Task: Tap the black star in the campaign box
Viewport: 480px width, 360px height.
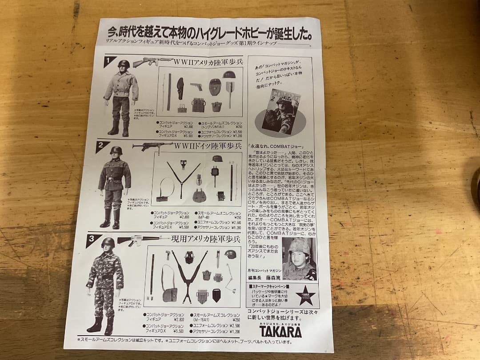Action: pyautogui.click(x=306, y=295)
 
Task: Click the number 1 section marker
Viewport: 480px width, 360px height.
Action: pyautogui.click(x=109, y=61)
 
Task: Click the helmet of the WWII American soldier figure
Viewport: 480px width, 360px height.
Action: pyautogui.click(x=124, y=64)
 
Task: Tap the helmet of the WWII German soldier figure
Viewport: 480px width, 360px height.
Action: pyautogui.click(x=116, y=151)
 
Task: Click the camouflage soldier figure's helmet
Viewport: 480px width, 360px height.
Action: pyautogui.click(x=108, y=242)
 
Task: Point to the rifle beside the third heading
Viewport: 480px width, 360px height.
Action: pyautogui.click(x=138, y=240)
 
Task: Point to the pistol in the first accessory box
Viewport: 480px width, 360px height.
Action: pyautogui.click(x=196, y=86)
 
